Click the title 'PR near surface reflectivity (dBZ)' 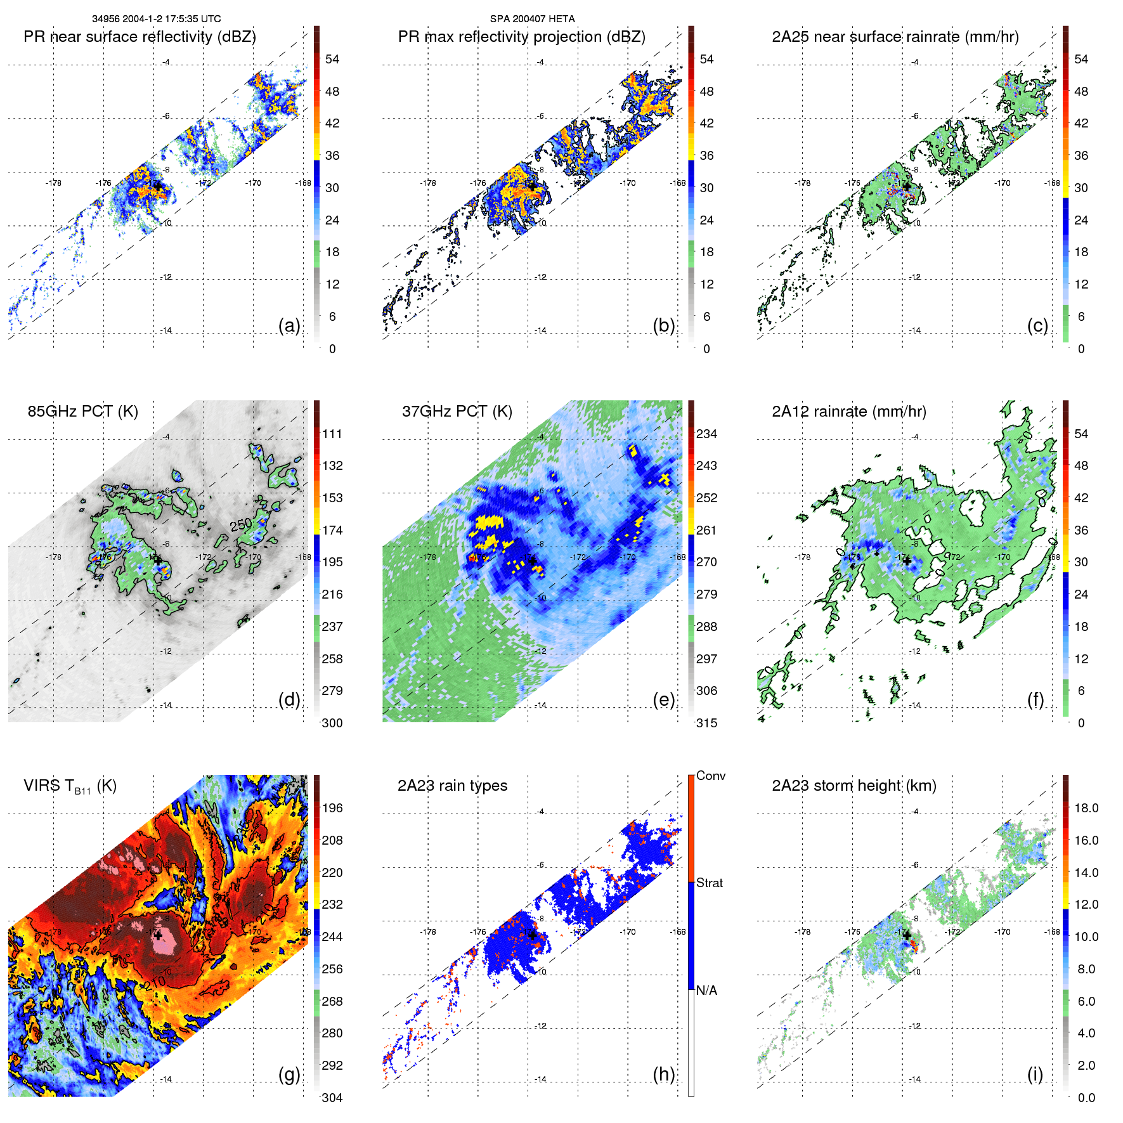[x=140, y=37]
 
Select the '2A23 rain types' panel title [x=452, y=786]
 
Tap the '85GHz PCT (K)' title [x=82, y=412]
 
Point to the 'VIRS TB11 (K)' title [x=70, y=786]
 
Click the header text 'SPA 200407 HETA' [x=532, y=19]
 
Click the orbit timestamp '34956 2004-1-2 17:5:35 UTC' [x=156, y=19]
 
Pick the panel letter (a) [x=289, y=325]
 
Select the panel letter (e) [x=663, y=699]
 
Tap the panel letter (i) [x=1035, y=1074]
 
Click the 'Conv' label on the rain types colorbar [x=711, y=776]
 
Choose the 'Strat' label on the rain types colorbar [x=710, y=883]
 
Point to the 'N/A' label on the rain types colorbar [x=706, y=990]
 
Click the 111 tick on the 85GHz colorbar [x=332, y=434]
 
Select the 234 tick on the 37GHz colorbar [x=706, y=434]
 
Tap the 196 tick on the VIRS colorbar [x=332, y=808]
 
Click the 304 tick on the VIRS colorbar [x=332, y=1098]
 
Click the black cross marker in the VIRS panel [x=158, y=935]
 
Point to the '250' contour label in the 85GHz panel [x=241, y=524]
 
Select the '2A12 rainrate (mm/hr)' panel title [x=848, y=412]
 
